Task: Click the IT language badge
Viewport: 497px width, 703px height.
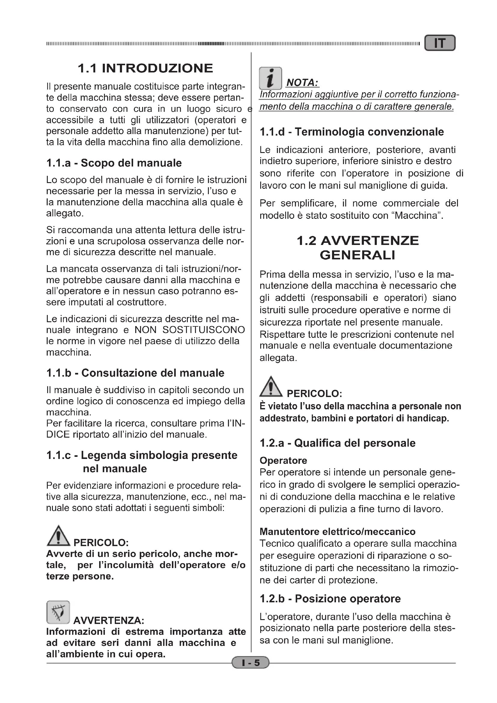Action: click(x=440, y=43)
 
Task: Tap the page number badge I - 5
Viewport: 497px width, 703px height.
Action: click(x=250, y=663)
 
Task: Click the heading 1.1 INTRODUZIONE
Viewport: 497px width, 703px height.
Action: click(x=145, y=68)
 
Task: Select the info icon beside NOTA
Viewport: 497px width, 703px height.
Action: click(x=270, y=78)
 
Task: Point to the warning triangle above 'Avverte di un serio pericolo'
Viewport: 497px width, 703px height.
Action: click(x=58, y=536)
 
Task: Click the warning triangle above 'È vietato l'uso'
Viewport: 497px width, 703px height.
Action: click(x=271, y=387)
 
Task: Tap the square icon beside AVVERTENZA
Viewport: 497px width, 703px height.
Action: click(x=58, y=612)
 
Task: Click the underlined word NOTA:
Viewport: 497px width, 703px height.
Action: click(x=302, y=83)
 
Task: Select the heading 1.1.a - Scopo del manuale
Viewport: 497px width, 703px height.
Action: click(x=114, y=163)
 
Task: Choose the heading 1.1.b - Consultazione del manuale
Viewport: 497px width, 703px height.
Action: click(x=135, y=373)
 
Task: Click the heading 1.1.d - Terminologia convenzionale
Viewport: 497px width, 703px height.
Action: click(x=352, y=132)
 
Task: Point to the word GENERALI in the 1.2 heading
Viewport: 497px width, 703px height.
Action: click(x=358, y=255)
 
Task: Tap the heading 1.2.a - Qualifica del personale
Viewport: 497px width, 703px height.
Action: click(x=337, y=443)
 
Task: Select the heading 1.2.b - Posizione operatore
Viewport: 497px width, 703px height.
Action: click(x=330, y=599)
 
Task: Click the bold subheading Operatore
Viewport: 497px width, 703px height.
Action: click(x=283, y=460)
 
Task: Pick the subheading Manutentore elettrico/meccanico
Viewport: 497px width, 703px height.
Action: click(x=337, y=532)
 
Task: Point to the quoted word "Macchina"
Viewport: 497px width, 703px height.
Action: click(x=417, y=215)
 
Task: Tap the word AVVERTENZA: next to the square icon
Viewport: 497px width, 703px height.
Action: click(x=109, y=621)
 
